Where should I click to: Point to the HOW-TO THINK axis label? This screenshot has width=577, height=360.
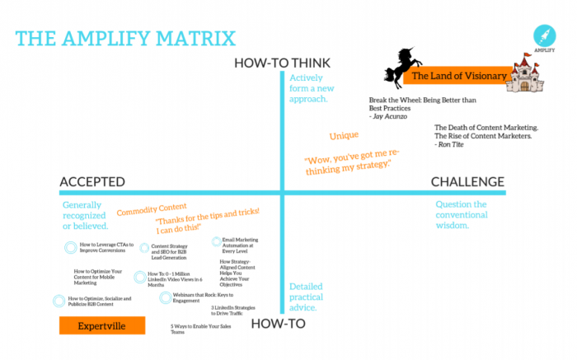click(x=282, y=63)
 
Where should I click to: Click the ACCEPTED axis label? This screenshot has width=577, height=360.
click(x=92, y=181)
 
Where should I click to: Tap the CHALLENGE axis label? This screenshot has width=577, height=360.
click(x=467, y=181)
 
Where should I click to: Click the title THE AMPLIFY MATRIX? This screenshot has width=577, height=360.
click(x=125, y=39)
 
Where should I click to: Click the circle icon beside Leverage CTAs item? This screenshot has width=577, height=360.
click(x=71, y=246)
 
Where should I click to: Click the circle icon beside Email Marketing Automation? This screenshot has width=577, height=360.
click(x=215, y=242)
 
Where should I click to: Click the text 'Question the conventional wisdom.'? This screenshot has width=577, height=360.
click(x=462, y=214)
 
